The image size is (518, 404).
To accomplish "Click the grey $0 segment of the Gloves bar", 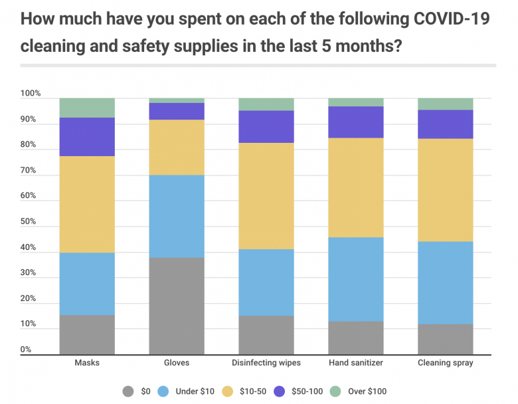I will tap(176, 306).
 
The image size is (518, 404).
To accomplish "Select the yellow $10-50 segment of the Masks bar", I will tap(87, 204).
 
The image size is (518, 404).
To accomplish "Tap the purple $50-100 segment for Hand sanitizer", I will tap(356, 122).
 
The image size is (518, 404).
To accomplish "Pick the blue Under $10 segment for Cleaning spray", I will tap(445, 282).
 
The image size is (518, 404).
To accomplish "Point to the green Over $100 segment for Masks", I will tap(87, 108).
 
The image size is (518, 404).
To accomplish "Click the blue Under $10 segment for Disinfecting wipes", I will tap(266, 282).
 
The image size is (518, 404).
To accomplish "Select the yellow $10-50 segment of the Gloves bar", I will tap(176, 147).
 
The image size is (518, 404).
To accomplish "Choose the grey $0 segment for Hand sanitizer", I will tap(356, 338).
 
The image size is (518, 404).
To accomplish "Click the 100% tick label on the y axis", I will tap(31, 94).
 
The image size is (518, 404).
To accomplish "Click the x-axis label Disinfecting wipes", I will tap(266, 363).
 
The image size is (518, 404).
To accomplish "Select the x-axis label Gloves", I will tap(176, 363).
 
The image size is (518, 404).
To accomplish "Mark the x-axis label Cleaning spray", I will tap(445, 363).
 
